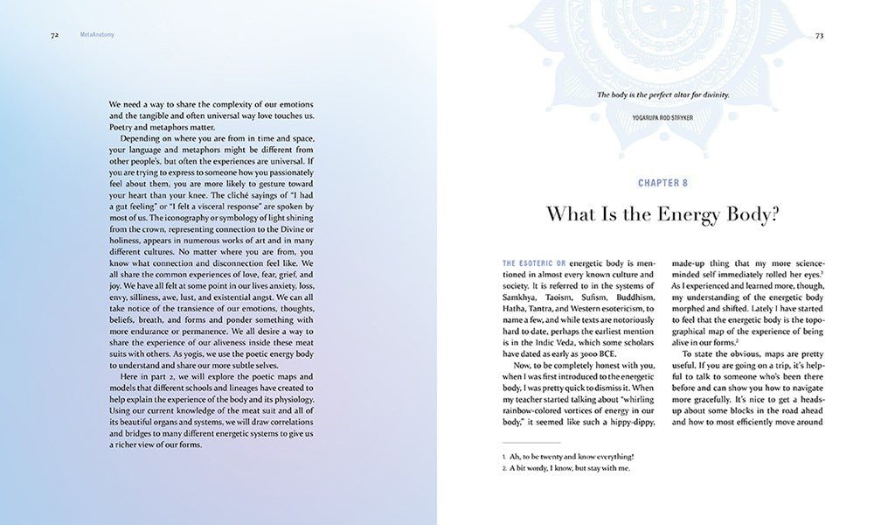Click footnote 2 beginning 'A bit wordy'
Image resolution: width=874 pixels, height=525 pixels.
(565, 468)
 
